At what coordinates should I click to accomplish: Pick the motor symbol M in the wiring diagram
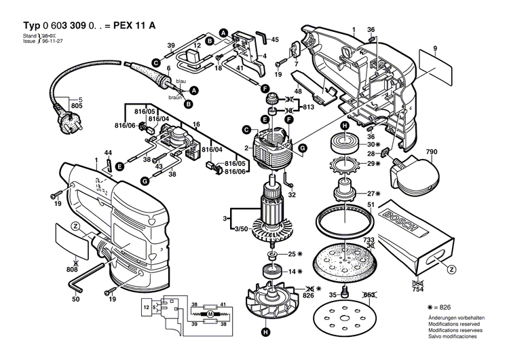pyautogui.click(x=210, y=316)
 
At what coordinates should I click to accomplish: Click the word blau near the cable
pyautogui.click(x=181, y=82)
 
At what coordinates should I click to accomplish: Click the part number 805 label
pyautogui.click(x=77, y=107)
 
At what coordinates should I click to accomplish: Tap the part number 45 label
pyautogui.click(x=275, y=40)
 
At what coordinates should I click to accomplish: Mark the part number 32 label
pyautogui.click(x=293, y=195)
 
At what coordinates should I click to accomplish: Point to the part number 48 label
pyautogui.click(x=297, y=92)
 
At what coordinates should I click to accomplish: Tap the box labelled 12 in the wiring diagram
pyautogui.click(x=145, y=308)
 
